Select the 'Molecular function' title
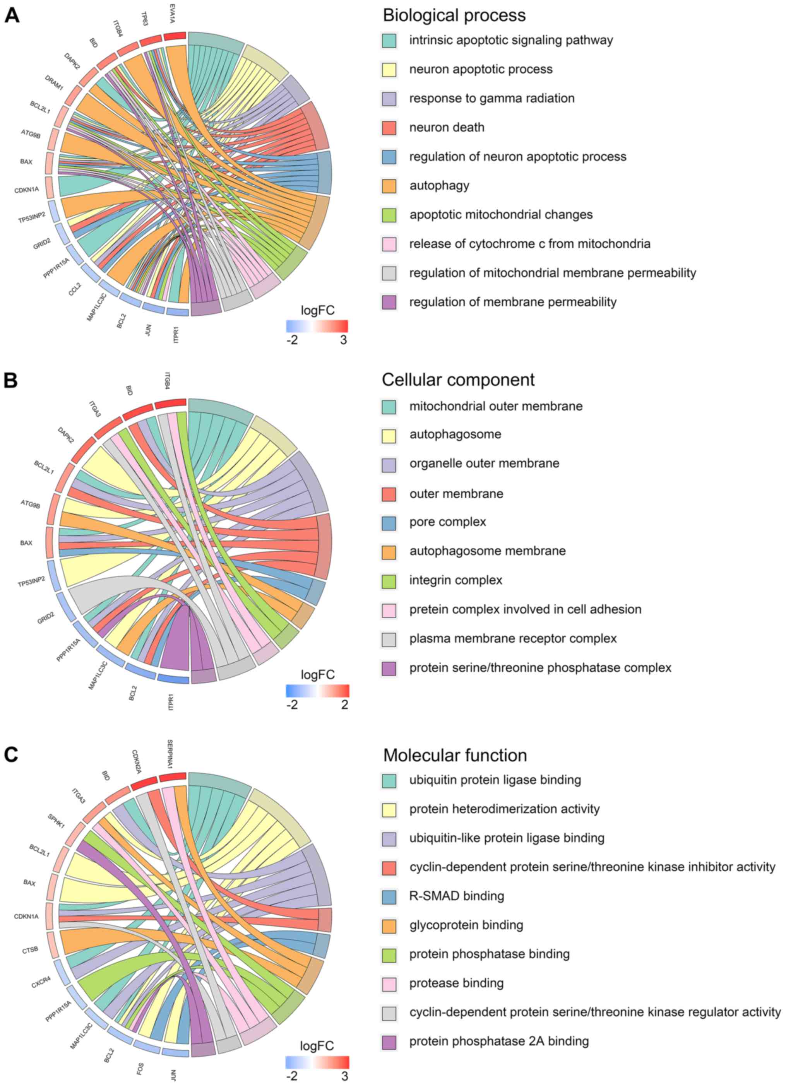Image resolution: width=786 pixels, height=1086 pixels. [x=455, y=755]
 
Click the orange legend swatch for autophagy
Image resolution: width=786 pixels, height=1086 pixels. [x=389, y=186]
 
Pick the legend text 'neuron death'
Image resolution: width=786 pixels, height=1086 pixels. [x=446, y=127]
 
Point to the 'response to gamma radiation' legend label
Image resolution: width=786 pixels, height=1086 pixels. [x=491, y=98]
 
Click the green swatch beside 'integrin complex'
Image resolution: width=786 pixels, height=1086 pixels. [x=389, y=580]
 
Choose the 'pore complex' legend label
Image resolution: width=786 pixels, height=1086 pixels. [x=447, y=522]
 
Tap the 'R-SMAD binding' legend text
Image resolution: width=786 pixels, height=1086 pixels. [x=456, y=896]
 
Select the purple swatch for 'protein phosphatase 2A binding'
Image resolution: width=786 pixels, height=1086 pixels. [x=389, y=1042]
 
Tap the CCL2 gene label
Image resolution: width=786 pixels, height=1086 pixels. [x=75, y=290]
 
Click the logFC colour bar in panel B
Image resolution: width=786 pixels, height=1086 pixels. [x=317, y=691]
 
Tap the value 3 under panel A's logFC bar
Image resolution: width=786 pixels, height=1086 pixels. [x=343, y=340]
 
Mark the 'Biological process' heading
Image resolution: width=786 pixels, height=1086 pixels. [x=454, y=15]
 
